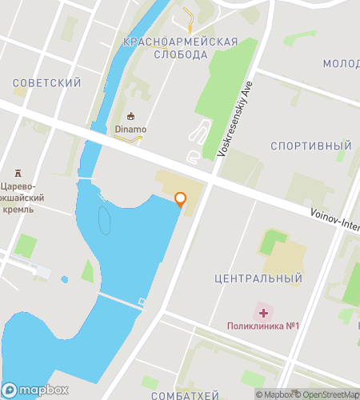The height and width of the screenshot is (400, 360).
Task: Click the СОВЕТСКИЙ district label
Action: click(x=47, y=82)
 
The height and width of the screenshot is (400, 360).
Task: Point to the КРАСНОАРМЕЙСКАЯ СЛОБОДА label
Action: click(x=181, y=47)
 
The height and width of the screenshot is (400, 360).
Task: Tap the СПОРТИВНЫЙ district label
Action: click(x=311, y=146)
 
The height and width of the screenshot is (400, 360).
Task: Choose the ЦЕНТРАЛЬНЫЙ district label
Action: click(x=258, y=279)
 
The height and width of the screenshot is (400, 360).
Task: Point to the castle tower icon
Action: click(x=18, y=173)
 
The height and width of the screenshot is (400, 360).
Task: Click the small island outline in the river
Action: click(x=105, y=218)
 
